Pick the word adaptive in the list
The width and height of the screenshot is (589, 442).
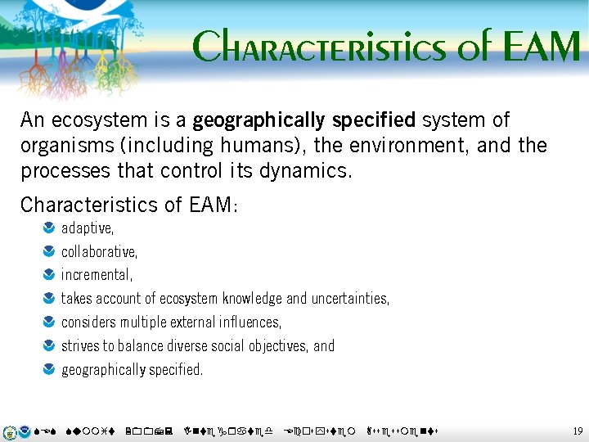point(88,228)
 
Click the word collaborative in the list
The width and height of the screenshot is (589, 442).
point(99,251)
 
